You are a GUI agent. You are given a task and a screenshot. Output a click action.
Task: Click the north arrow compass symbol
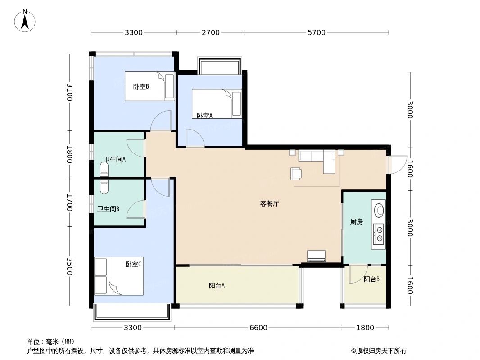click(x=25, y=21)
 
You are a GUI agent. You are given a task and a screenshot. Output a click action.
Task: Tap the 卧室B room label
click(x=141, y=86)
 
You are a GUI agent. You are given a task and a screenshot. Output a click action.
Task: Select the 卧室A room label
click(x=204, y=116)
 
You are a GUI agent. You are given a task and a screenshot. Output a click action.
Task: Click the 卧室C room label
click(x=133, y=264)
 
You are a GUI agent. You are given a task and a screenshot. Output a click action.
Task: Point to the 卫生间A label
click(x=115, y=159)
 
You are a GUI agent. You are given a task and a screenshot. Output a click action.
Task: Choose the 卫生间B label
click(x=109, y=209)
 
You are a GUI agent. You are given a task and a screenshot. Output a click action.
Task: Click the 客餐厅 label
click(x=270, y=203)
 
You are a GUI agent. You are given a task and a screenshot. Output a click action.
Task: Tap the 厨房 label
click(x=357, y=221)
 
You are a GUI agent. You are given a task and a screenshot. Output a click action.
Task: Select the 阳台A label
click(x=217, y=285)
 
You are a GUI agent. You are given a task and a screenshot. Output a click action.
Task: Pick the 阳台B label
click(x=371, y=279)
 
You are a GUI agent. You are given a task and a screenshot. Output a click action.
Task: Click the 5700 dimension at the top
click(x=316, y=32)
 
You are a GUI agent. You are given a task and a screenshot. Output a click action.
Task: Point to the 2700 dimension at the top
click(x=210, y=32)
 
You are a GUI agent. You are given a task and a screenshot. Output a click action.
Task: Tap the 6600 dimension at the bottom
click(x=258, y=328)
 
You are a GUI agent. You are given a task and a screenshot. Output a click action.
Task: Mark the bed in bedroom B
click(x=149, y=86)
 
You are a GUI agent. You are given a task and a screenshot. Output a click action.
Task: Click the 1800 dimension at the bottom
click(x=365, y=328)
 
